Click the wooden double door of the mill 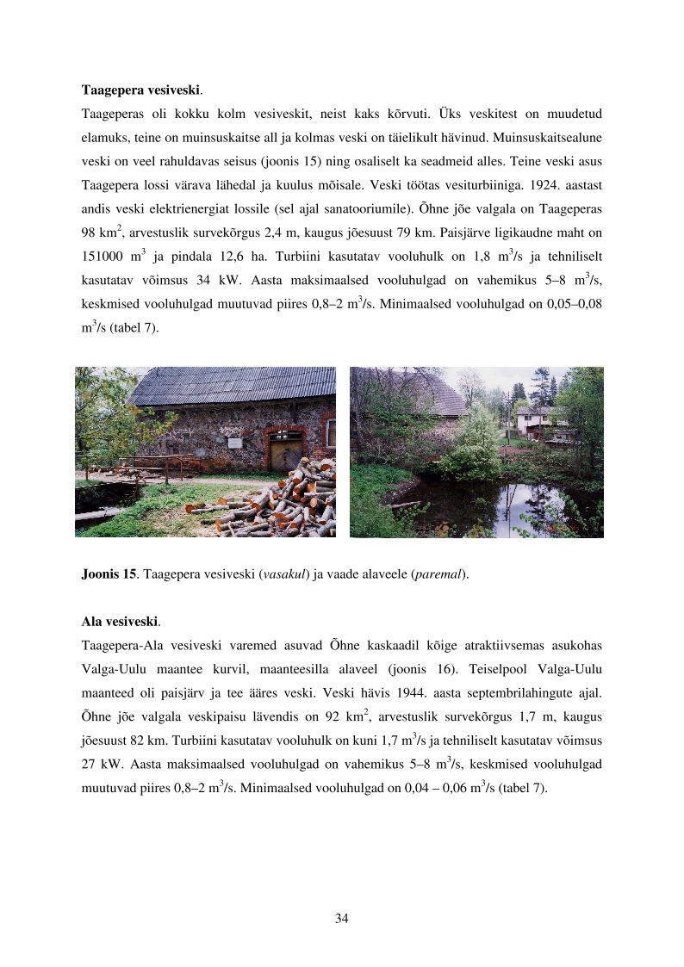282,451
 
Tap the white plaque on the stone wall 234,441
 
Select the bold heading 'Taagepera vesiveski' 142,90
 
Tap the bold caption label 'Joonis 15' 109,574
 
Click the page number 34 341,919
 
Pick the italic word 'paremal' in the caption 444,574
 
